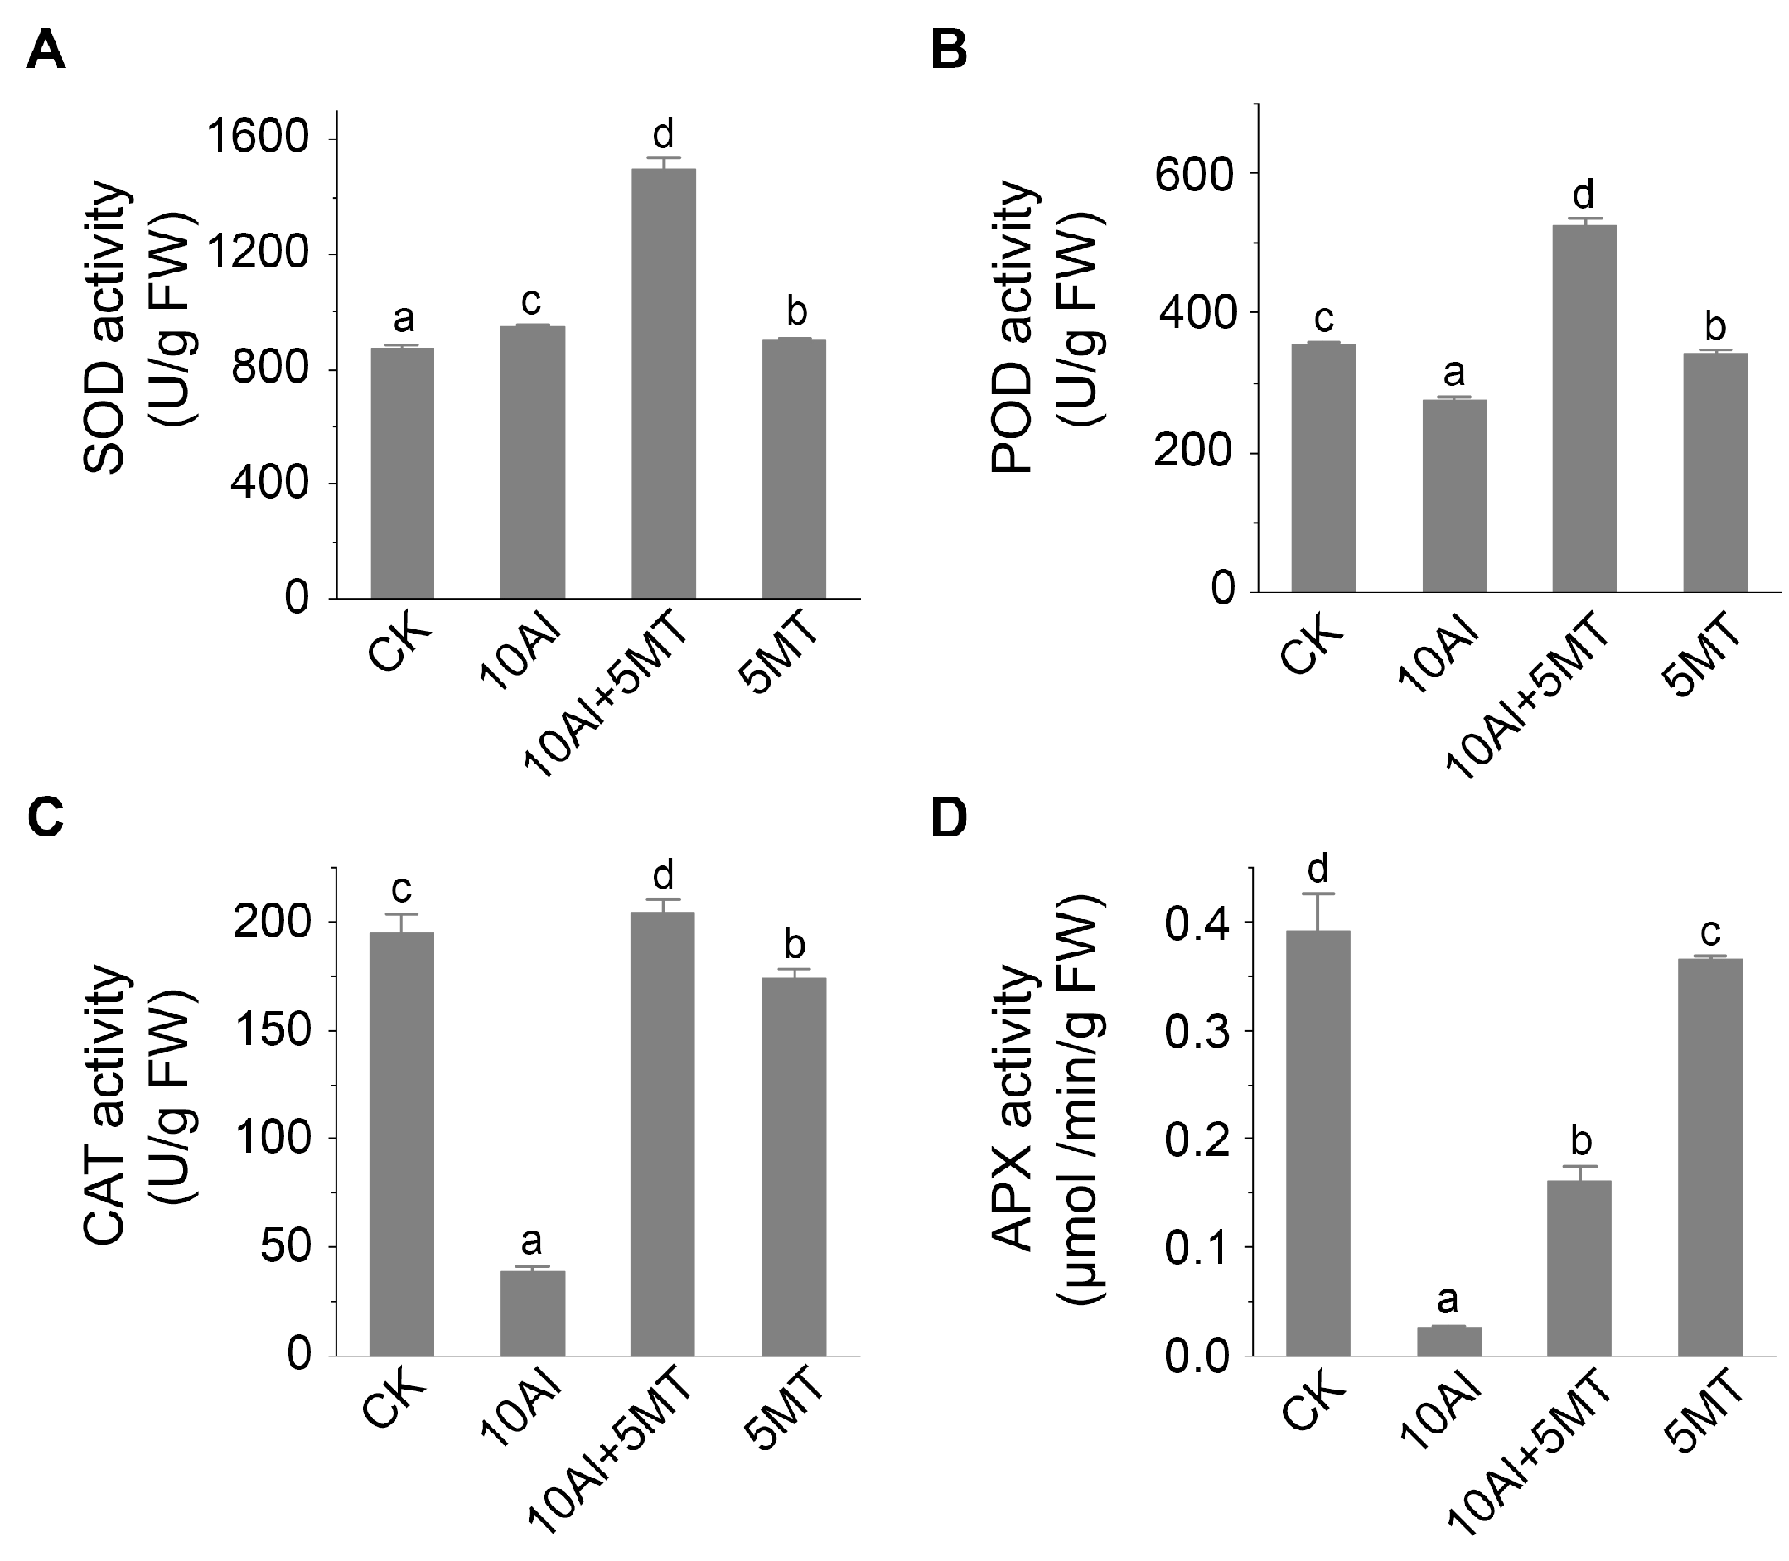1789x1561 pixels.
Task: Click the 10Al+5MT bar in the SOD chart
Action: point(663,383)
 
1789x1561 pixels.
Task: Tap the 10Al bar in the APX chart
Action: point(1448,1341)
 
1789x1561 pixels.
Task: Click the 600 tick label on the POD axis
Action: point(1193,174)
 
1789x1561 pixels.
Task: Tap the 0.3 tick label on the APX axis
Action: point(1198,1031)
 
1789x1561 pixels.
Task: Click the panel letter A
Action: point(46,51)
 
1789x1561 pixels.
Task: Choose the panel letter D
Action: point(949,818)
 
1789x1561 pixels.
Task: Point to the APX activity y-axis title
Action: point(1046,1107)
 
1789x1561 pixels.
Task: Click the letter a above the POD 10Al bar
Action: point(1453,373)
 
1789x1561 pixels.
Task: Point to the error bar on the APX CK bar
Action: point(1318,911)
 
